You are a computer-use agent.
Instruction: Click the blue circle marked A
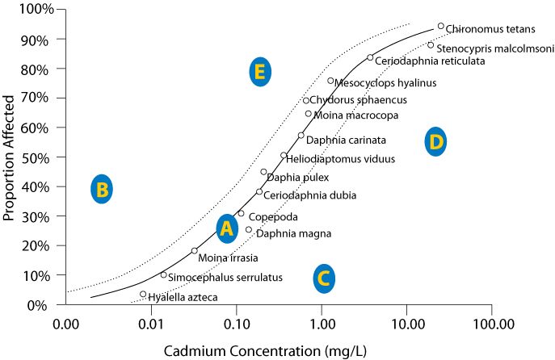[227, 229]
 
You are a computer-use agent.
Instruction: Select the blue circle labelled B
[101, 190]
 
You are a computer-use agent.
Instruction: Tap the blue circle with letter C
[323, 278]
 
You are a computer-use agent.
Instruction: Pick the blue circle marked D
[435, 142]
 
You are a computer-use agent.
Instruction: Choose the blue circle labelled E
[259, 72]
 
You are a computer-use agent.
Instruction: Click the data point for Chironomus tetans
[440, 26]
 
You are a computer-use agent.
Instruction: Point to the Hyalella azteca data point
[143, 294]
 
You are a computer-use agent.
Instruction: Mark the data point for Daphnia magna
[249, 230]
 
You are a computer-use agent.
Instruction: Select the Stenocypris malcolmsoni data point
[431, 45]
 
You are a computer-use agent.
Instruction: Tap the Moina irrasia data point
[195, 250]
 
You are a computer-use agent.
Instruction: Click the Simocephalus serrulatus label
[225, 278]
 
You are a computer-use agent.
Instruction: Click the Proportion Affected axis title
[12, 157]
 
